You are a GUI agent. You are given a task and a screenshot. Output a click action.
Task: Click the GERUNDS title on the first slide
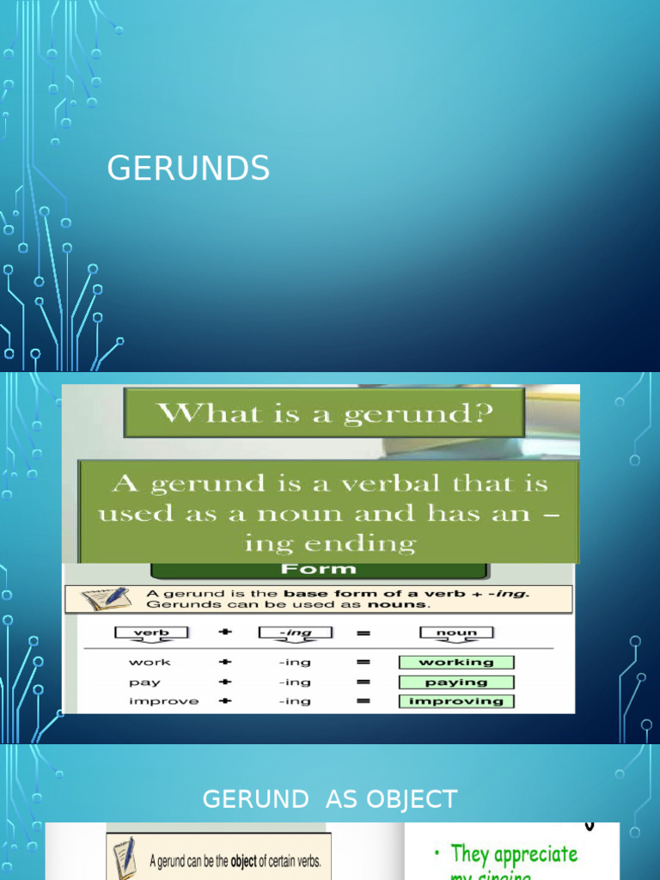(x=188, y=168)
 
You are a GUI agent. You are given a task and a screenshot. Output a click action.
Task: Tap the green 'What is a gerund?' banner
(x=323, y=412)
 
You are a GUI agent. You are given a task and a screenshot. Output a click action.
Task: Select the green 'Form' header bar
(x=319, y=569)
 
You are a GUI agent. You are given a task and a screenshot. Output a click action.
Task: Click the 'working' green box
(x=456, y=663)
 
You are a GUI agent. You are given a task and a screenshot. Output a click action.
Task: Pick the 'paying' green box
(x=456, y=682)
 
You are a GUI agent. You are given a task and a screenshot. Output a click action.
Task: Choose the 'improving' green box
(x=456, y=701)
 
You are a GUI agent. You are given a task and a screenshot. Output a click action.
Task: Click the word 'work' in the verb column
(x=150, y=663)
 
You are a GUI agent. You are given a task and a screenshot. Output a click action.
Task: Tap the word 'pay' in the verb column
(x=144, y=682)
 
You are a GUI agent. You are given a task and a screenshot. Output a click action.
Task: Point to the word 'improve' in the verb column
(x=162, y=701)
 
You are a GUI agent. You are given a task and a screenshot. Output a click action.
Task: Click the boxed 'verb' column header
(x=150, y=633)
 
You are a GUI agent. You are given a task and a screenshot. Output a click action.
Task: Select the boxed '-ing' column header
(x=295, y=633)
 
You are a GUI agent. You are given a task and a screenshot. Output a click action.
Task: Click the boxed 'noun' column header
(x=456, y=633)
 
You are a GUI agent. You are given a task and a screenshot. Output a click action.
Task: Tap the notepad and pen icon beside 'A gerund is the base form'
(x=105, y=599)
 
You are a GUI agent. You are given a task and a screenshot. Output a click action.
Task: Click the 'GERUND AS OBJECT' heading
(x=329, y=799)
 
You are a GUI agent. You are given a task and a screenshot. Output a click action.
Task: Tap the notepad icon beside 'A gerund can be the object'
(x=125, y=857)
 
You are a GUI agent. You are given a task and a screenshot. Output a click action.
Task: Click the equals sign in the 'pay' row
(x=363, y=682)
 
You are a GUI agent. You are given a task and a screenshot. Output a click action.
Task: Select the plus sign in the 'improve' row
(x=225, y=701)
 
